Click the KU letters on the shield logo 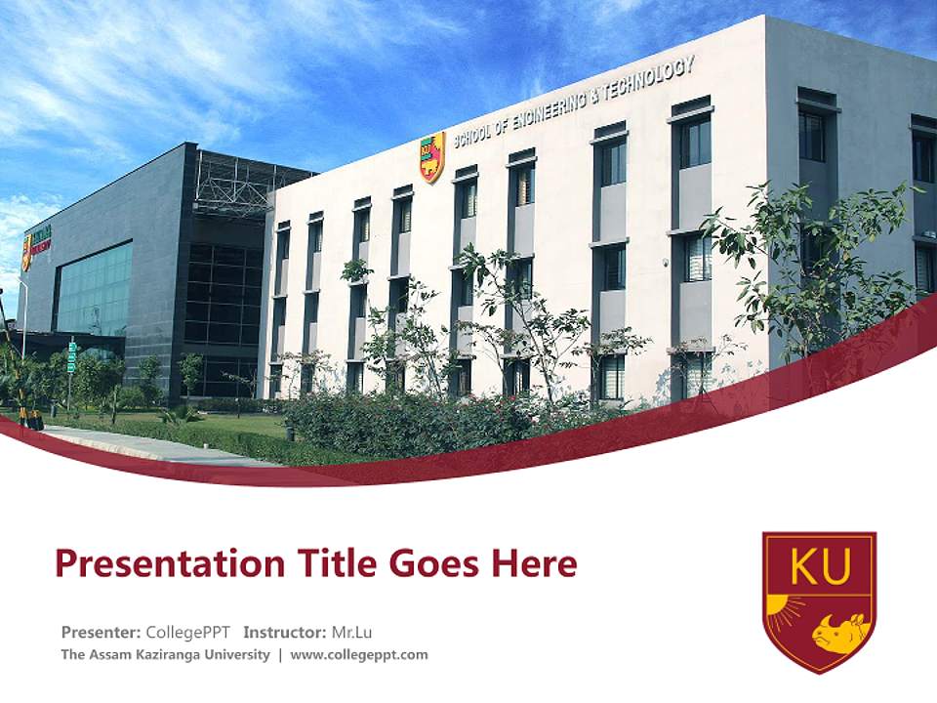819,566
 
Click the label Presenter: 101,631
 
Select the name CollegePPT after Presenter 187,631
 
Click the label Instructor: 285,631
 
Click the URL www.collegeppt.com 359,654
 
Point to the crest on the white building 431,156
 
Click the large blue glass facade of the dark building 94,289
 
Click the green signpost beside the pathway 71,356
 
